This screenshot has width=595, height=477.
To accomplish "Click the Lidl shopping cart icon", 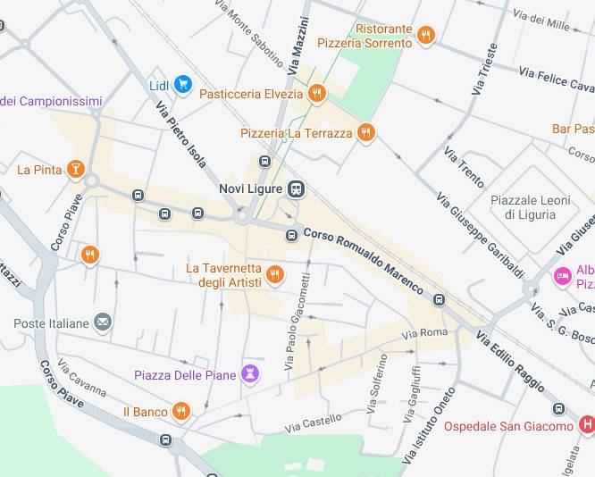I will pyautogui.click(x=183, y=85).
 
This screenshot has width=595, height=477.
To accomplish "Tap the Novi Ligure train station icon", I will pyautogui.click(x=297, y=189).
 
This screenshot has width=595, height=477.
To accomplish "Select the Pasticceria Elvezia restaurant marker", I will pyautogui.click(x=316, y=93).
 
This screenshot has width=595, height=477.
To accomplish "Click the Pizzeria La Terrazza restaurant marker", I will pyautogui.click(x=365, y=133).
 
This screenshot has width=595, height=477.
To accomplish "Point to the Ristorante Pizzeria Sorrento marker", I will pyautogui.click(x=426, y=36).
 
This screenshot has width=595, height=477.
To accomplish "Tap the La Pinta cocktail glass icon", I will pyautogui.click(x=77, y=169).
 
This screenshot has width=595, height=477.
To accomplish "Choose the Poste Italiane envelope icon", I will pyautogui.click(x=104, y=322).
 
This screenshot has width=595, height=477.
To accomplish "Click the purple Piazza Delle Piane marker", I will pyautogui.click(x=251, y=374).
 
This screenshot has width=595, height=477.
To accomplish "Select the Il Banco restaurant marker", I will pyautogui.click(x=181, y=412).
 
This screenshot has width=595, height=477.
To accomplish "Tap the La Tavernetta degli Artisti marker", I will pyautogui.click(x=275, y=274).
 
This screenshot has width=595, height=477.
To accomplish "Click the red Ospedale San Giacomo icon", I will pyautogui.click(x=586, y=425).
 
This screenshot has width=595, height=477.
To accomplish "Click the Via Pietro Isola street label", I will pyautogui.click(x=181, y=134).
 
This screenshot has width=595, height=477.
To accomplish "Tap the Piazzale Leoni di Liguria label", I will pyautogui.click(x=531, y=207).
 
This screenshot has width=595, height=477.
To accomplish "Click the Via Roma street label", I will pyautogui.click(x=424, y=333).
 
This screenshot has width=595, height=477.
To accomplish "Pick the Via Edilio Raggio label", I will pyautogui.click(x=510, y=361).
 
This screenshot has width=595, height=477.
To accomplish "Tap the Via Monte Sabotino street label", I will pyautogui.click(x=250, y=34).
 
